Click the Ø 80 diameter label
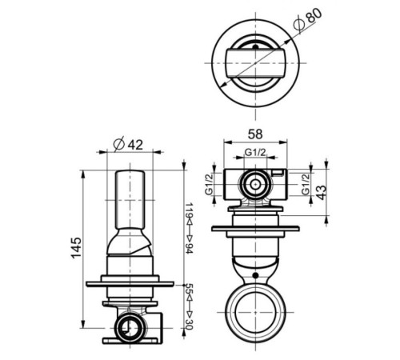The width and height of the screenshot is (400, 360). pyautogui.click(x=307, y=18)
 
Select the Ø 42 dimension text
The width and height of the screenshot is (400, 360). pyautogui.click(x=128, y=145)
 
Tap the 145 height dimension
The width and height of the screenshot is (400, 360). pyautogui.click(x=77, y=248)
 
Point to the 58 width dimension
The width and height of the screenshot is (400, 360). pyautogui.click(x=255, y=134)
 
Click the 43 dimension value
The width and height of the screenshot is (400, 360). pyautogui.click(x=322, y=192)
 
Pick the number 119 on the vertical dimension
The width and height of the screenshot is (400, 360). pyautogui.click(x=189, y=210)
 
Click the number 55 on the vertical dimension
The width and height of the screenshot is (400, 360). pyautogui.click(x=189, y=289)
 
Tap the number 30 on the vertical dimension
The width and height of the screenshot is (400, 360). pyautogui.click(x=189, y=324)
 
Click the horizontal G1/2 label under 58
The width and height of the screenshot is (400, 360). pyautogui.click(x=255, y=153)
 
